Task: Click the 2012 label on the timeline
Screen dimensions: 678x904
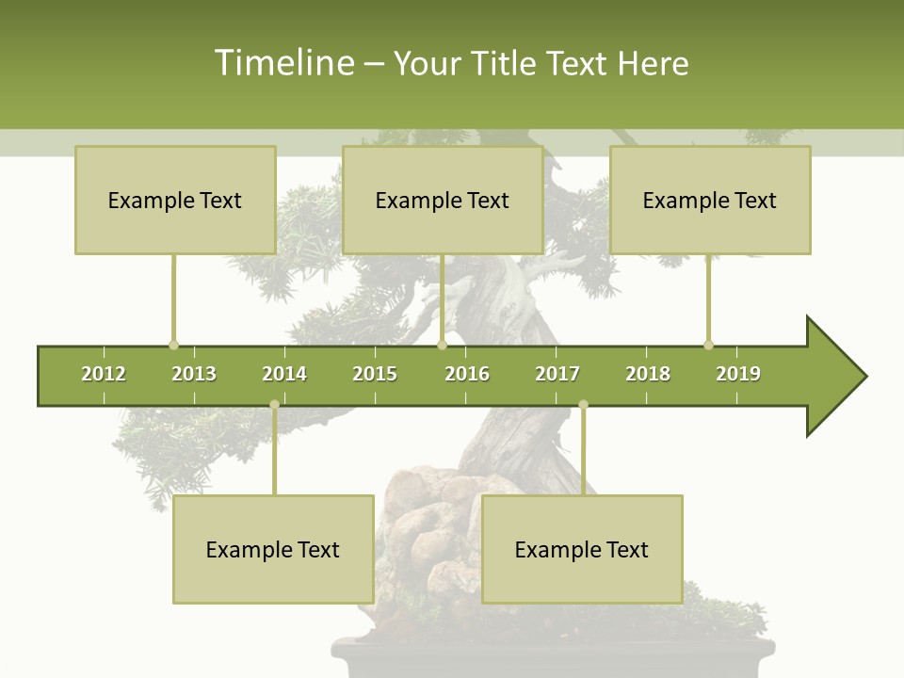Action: click(104, 374)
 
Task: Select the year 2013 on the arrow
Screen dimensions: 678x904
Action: click(194, 374)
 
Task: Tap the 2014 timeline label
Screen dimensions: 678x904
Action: click(284, 374)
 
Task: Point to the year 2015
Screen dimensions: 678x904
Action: click(375, 374)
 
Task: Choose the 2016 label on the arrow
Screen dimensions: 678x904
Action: click(467, 374)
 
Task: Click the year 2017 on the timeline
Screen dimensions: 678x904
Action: click(557, 374)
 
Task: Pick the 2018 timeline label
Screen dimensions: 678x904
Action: click(648, 374)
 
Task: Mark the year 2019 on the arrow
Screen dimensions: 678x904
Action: click(738, 374)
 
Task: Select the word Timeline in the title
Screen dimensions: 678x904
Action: click(282, 63)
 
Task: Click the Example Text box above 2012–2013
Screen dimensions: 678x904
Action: click(175, 201)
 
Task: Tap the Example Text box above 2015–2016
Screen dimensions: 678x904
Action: click(443, 201)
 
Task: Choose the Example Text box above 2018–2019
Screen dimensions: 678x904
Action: click(710, 201)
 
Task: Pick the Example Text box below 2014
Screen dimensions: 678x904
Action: click(273, 550)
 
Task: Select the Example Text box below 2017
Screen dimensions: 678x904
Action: click(582, 550)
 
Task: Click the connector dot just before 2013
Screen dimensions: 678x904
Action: click(173, 345)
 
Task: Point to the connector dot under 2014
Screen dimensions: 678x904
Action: click(274, 405)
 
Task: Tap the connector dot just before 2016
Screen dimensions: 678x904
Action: click(442, 345)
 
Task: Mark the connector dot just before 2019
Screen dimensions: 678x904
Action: click(708, 345)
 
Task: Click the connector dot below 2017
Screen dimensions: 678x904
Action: click(583, 405)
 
